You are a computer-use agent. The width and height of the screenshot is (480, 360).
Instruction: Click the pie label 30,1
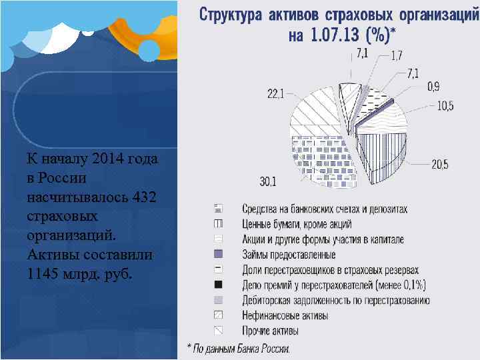click(268, 181)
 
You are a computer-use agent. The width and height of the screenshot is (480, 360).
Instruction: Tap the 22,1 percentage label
click(275, 95)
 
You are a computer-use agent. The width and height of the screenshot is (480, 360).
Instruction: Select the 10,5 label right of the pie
click(445, 105)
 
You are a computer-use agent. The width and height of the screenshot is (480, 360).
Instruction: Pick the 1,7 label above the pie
click(396, 57)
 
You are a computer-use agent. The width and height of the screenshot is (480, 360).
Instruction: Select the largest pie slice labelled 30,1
click(320, 163)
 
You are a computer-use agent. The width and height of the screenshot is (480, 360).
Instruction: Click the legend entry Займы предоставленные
click(289, 255)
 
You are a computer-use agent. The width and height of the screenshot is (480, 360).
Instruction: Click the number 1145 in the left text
click(44, 273)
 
